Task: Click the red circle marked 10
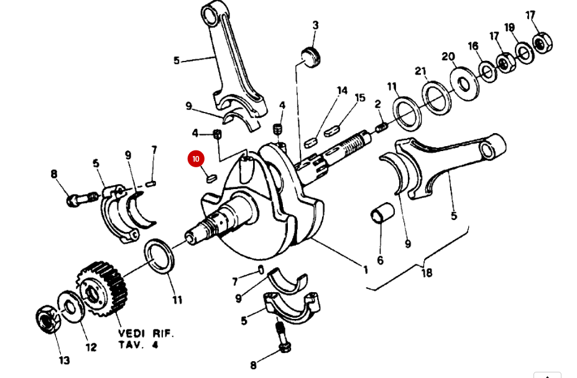[196, 159]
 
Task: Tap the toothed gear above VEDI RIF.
[102, 288]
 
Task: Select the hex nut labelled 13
[47, 318]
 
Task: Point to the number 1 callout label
[366, 269]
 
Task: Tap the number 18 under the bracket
[427, 272]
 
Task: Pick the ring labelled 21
[437, 94]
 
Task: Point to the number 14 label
[342, 91]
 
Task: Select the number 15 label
[360, 98]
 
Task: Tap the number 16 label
[473, 46]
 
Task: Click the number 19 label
[509, 27]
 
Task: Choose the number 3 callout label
[315, 25]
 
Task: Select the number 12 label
[91, 347]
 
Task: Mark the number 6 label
[380, 260]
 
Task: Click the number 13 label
[64, 360]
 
